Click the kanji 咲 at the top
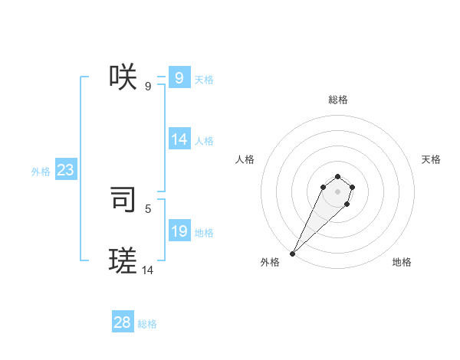coord(123,77)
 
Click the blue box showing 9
coord(179,77)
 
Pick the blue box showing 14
coord(179,139)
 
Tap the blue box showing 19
coord(179,231)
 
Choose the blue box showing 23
coord(65,170)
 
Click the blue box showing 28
coord(123,322)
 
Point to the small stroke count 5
coord(148,208)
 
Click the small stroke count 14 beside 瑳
coord(148,270)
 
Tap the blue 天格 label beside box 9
coord(204,80)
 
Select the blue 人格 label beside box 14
coord(204,141)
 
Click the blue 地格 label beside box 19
coord(204,233)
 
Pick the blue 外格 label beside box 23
coord(41,172)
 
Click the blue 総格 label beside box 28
coord(147,325)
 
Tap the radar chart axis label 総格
coord(337,100)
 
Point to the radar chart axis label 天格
coord(431,159)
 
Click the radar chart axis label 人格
coord(245,159)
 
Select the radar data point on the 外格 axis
coord(292,254)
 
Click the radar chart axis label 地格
coord(402,262)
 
